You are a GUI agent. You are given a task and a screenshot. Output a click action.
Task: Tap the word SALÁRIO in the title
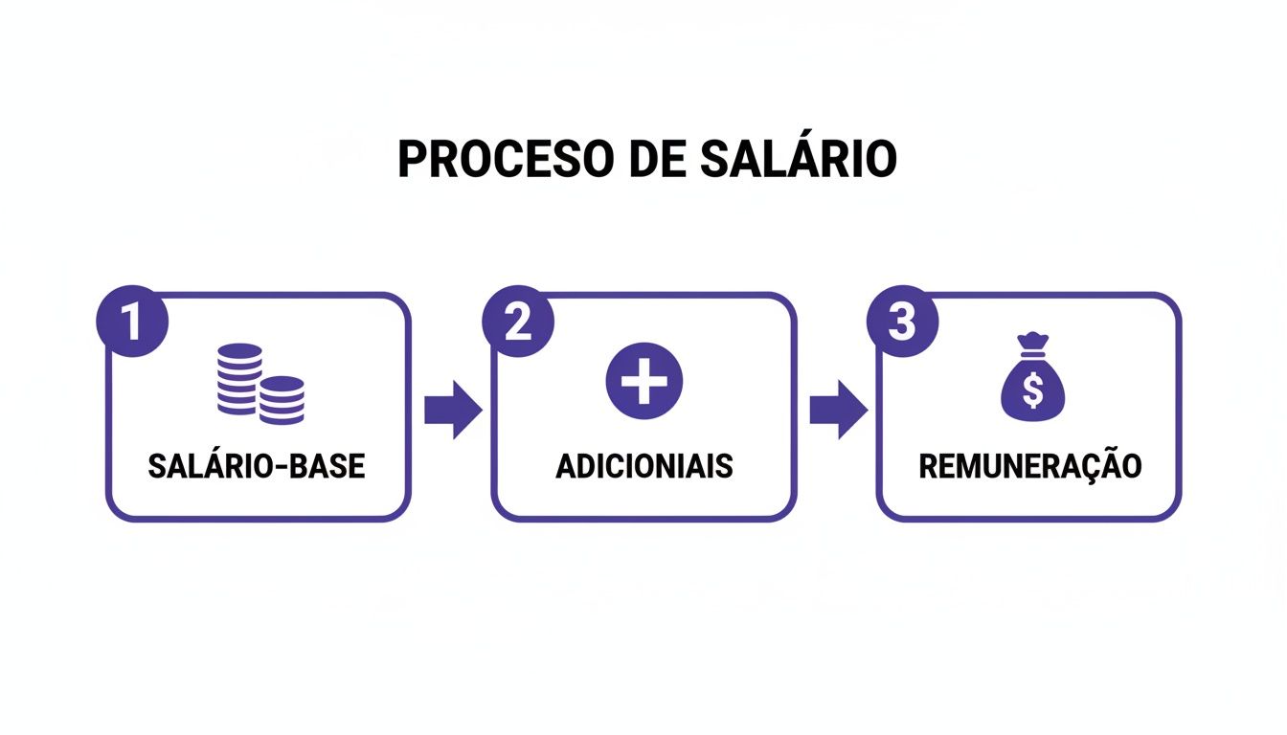coord(799,159)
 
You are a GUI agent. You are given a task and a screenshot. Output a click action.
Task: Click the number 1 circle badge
coord(132,323)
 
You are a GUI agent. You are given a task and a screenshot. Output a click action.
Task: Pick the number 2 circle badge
coord(518,323)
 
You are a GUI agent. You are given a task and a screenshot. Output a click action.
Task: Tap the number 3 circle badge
coord(902,323)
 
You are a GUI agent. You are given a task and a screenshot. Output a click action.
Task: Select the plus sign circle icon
coord(643,381)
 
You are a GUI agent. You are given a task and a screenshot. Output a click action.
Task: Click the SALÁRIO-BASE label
coord(257,466)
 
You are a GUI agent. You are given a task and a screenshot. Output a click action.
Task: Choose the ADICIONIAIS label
coord(643,466)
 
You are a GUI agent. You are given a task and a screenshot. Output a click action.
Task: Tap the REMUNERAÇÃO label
coord(1030,466)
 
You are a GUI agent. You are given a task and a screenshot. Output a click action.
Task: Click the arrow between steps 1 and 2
coord(452,410)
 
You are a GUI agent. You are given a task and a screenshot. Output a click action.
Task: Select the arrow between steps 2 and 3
coord(838,410)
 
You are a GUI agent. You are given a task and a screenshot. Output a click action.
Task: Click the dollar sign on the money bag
coord(1032,390)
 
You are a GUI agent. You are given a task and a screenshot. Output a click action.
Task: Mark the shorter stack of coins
coord(282,399)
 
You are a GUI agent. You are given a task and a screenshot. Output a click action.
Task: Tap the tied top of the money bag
coord(1032,343)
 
